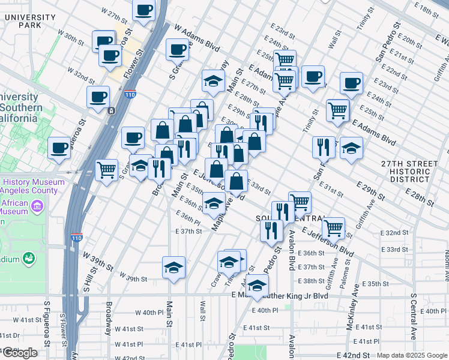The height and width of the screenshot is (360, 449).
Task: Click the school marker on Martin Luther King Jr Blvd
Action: tap(257, 286)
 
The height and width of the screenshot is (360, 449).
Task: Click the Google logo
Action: tap(20, 353)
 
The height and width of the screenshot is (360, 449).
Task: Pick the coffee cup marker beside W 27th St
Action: tap(143, 11)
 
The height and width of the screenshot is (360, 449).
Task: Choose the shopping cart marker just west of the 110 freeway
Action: tap(107, 170)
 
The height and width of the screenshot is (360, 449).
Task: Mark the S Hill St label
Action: tap(87, 296)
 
